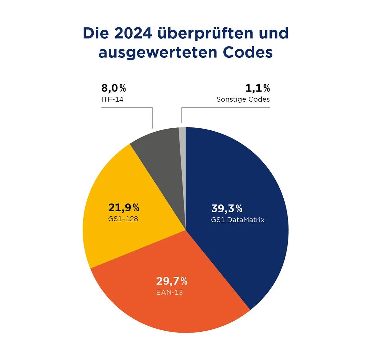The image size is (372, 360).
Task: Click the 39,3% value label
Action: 226,209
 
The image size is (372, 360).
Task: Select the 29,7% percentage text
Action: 172,281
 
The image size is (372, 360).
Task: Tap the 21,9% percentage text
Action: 124,207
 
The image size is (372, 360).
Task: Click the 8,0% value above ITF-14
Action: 114,88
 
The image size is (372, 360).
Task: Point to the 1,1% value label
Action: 257,88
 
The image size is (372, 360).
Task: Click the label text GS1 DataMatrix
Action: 238,220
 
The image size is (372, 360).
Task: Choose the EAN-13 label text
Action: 169,293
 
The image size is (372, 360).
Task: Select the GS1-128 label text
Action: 123,219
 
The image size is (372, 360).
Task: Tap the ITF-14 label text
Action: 112,99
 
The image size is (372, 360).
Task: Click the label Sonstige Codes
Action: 243,99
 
